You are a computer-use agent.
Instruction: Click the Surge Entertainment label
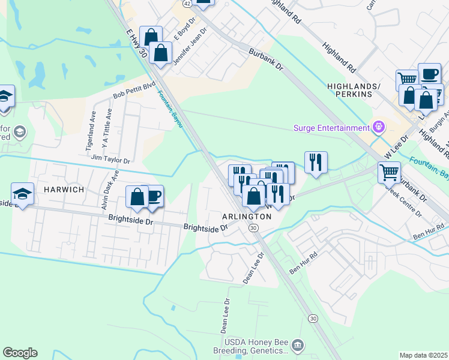click(331, 128)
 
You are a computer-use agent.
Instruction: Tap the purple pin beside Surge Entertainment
click(378, 127)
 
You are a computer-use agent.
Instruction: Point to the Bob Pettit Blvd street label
click(134, 91)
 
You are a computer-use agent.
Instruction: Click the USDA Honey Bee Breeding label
click(252, 346)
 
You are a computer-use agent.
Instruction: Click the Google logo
click(20, 353)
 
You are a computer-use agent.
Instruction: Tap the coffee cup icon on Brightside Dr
click(153, 196)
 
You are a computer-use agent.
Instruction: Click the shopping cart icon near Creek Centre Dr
click(389, 172)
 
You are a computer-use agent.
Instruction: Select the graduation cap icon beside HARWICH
click(23, 194)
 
